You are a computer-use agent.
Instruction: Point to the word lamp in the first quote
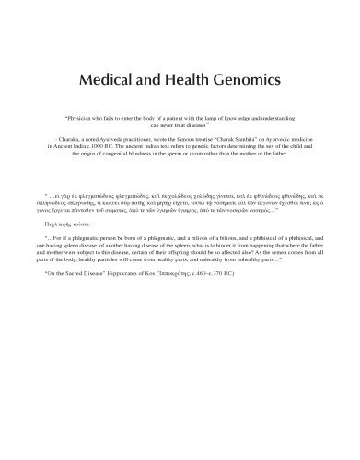coord(218,120)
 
